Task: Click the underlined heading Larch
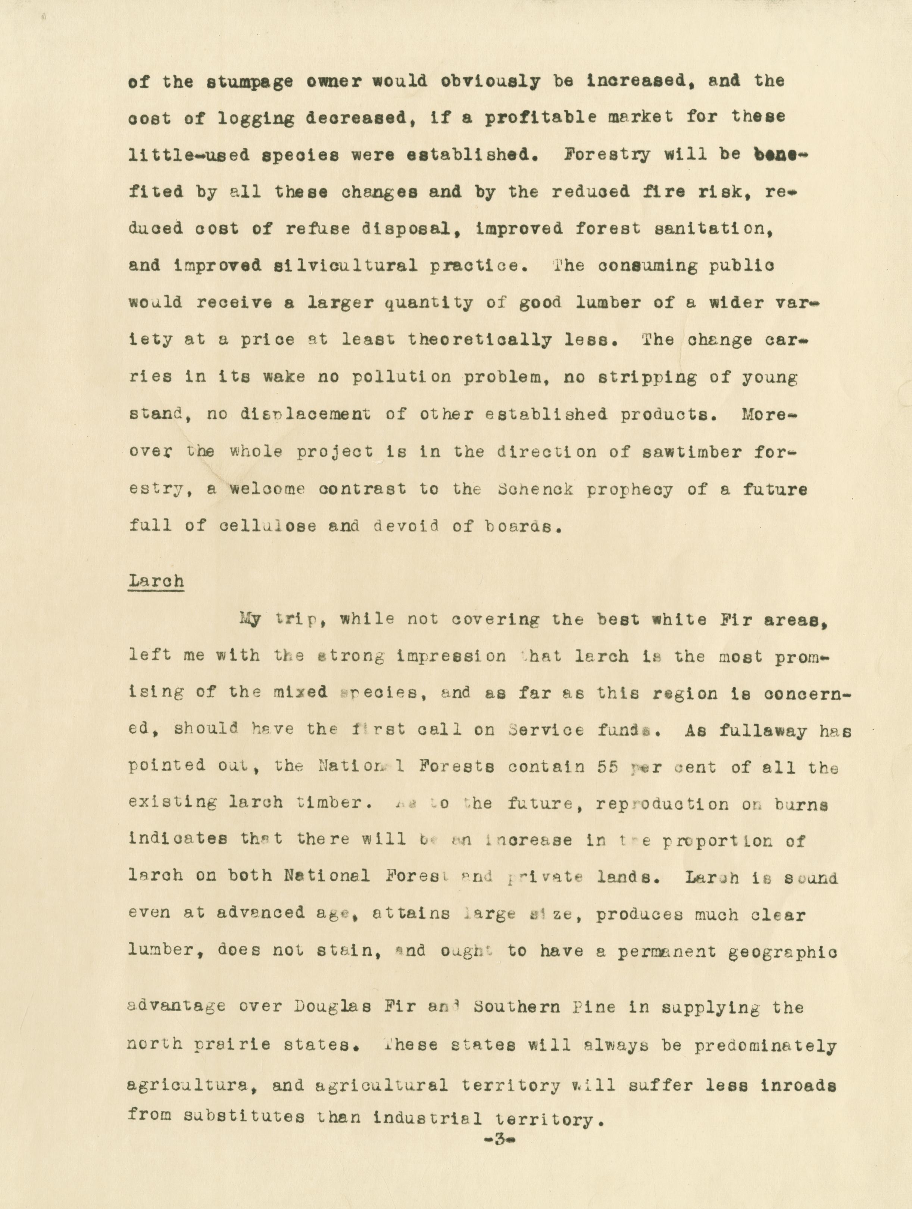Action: point(156,581)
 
